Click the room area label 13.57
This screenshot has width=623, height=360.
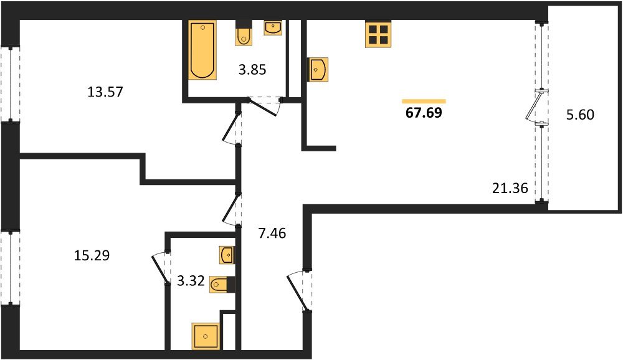coord(105,92)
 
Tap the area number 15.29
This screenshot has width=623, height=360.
coord(92,255)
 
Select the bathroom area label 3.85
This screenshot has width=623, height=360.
coord(252,70)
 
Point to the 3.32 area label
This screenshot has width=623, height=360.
coord(191,282)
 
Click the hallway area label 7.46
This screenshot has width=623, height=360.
coord(272,233)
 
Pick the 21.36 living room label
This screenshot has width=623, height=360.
coord(510,188)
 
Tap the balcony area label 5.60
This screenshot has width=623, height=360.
coord(580,115)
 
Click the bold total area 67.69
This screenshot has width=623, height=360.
coord(424,113)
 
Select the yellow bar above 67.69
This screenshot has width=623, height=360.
coord(424,102)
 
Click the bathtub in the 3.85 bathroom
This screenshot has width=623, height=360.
coord(202,50)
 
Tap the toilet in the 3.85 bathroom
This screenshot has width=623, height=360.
coord(244,32)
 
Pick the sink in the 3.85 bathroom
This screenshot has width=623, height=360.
coord(273,27)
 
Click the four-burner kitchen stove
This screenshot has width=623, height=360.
coord(378,34)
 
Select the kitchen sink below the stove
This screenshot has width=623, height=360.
coord(317,70)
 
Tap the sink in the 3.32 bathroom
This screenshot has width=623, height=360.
coord(227,254)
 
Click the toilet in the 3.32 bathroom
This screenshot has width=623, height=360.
coord(222,284)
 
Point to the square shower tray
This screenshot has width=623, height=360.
coord(206,336)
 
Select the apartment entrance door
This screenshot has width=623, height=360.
coord(298,291)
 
